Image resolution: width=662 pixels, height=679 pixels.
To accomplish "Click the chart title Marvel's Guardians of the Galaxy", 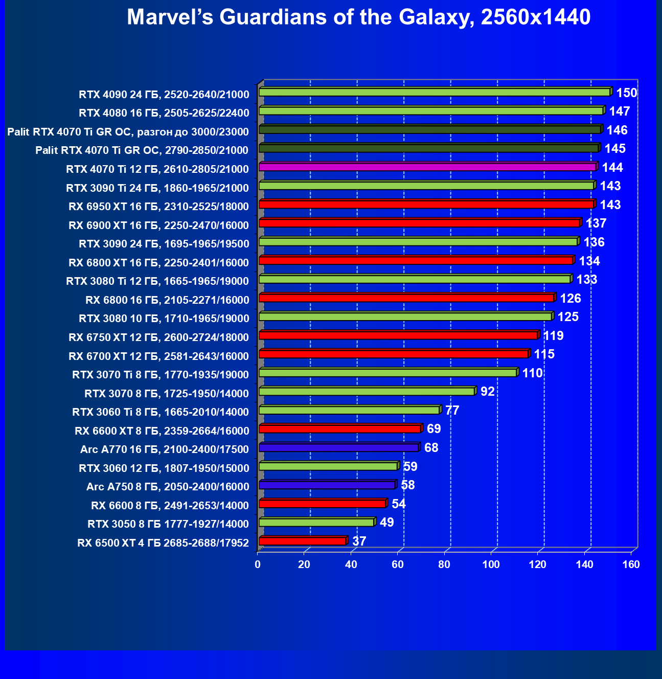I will tap(358, 17).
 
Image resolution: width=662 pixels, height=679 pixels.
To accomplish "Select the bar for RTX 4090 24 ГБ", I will tap(435, 92).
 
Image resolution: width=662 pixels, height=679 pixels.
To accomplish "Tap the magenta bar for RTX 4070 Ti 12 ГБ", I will tap(427, 167).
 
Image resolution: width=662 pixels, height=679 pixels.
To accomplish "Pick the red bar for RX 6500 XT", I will tap(302, 541).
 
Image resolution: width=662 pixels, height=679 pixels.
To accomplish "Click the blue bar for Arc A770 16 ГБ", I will tap(338, 448).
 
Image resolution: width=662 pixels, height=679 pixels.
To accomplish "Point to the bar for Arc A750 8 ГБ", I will tap(327, 485).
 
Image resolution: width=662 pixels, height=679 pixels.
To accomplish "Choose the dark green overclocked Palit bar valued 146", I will tap(429, 130).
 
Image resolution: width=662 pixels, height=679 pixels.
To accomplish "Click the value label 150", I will tap(626, 93).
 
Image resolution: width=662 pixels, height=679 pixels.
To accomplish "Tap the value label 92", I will tap(487, 392).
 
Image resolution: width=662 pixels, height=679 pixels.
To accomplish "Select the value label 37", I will tap(359, 541).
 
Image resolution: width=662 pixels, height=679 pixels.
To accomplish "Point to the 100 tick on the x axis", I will tap(491, 564).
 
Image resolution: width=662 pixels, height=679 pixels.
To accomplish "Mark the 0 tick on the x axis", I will tap(258, 564).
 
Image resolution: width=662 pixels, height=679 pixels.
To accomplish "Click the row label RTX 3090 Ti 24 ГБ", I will tap(157, 188).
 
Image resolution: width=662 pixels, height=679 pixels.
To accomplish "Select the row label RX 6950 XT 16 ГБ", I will tap(158, 207).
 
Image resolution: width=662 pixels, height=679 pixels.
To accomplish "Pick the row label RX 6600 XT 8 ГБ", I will tap(162, 431).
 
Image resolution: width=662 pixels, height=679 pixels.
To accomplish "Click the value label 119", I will tap(553, 336).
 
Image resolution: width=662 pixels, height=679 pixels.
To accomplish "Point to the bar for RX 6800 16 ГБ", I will tap(406, 298).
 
